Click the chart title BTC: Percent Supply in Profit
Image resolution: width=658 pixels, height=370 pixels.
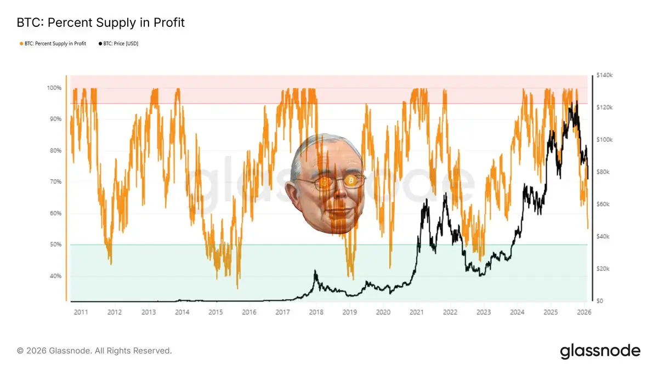coord(101,22)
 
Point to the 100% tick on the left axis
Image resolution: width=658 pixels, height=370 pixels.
coord(55,88)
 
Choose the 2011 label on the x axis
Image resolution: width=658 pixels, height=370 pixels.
coord(81,312)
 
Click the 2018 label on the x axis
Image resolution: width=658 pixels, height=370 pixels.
coord(316,312)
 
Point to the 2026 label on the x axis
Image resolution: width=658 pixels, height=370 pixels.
coord(585,312)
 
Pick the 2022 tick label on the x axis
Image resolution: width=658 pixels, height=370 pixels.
coord(450,312)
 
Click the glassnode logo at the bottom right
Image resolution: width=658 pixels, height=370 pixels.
coord(600,351)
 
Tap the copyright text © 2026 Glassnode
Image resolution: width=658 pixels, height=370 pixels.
coord(94,350)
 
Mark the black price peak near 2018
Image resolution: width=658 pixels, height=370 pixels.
coord(315,271)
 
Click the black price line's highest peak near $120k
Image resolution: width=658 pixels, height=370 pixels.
coord(575,103)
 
